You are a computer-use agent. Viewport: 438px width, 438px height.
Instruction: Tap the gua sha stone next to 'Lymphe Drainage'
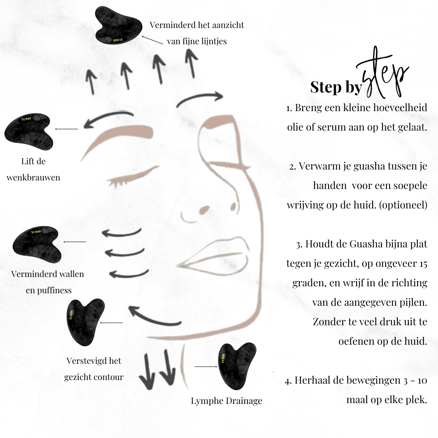click(x=236, y=365)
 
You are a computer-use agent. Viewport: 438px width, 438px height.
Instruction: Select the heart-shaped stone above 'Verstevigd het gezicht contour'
click(x=85, y=321)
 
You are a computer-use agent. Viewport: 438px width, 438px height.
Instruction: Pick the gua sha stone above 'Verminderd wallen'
click(x=36, y=244)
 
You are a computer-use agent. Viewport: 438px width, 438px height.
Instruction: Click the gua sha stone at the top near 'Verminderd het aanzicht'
click(x=118, y=25)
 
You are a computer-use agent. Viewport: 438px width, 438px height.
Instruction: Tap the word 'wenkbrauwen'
click(x=33, y=178)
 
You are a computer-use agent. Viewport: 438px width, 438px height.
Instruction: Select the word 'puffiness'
click(x=54, y=290)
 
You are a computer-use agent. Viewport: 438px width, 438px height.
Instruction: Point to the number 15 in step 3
click(x=423, y=264)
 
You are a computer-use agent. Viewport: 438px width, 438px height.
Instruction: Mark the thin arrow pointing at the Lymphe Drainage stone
click(x=206, y=367)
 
